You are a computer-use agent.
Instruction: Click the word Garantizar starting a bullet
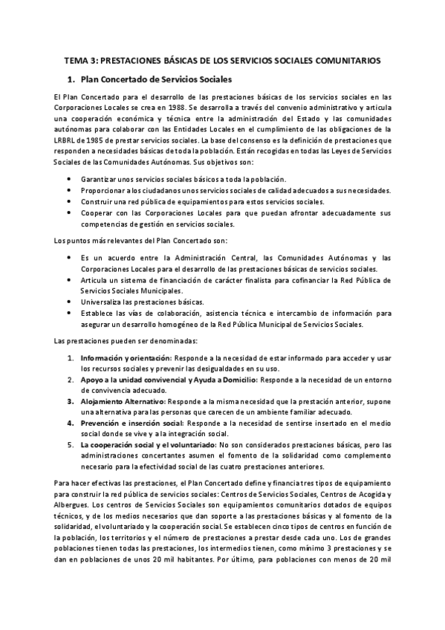100,179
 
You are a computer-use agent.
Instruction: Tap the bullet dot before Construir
69,201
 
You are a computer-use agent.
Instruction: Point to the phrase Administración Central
200,257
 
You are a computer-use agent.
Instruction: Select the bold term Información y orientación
127,357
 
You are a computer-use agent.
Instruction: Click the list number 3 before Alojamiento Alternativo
70,400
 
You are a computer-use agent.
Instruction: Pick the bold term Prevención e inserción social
132,422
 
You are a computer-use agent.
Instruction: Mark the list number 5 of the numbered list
70,444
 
